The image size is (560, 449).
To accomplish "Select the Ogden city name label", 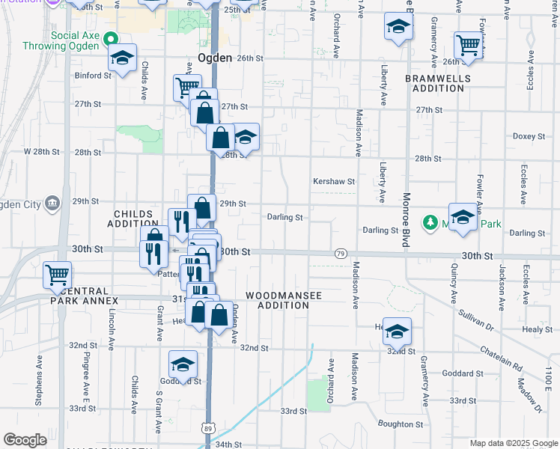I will click(214, 58).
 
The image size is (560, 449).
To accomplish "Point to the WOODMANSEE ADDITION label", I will click(284, 300).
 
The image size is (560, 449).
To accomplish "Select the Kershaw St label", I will click(333, 181).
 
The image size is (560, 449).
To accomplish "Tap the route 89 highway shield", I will click(207, 427).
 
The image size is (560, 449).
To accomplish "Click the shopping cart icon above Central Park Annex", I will click(57, 274).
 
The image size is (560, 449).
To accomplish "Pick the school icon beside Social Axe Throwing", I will click(122, 58).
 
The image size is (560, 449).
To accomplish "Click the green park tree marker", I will click(430, 222).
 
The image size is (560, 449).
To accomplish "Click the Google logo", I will click(25, 440).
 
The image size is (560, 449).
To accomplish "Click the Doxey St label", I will click(528, 136).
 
